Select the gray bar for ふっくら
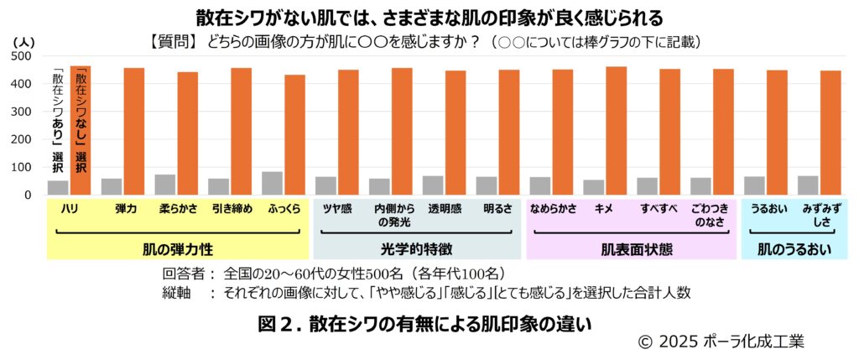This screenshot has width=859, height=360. [272, 183]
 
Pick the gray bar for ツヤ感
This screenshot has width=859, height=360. [325, 185]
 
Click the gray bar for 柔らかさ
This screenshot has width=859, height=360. [164, 185]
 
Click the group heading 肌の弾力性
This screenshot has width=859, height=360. [177, 248]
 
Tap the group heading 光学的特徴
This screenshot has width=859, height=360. [417, 248]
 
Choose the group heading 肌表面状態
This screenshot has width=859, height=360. [631, 248]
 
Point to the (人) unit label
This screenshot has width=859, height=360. [24, 40]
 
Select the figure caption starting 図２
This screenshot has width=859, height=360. [425, 322]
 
